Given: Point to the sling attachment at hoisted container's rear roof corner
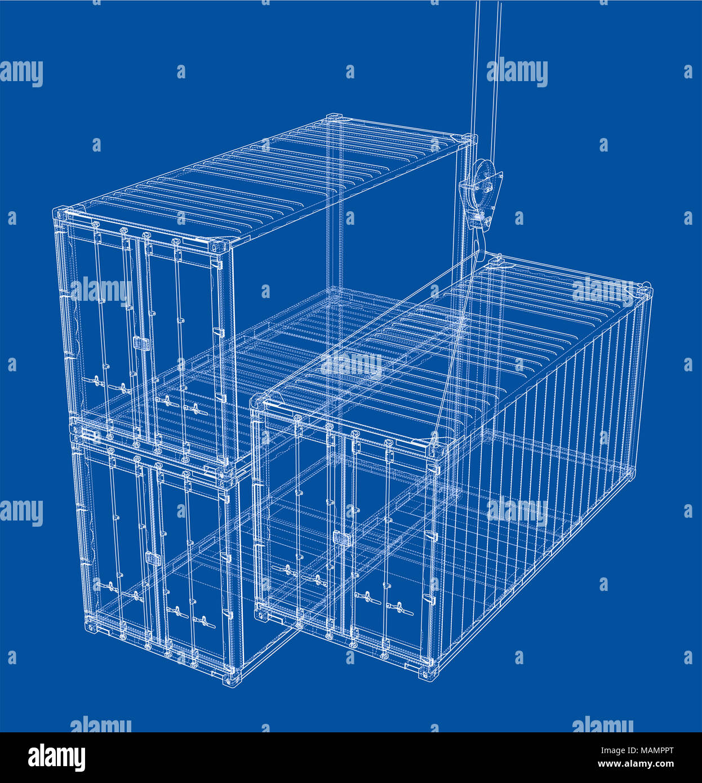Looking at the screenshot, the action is pyautogui.click(x=496, y=261).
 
